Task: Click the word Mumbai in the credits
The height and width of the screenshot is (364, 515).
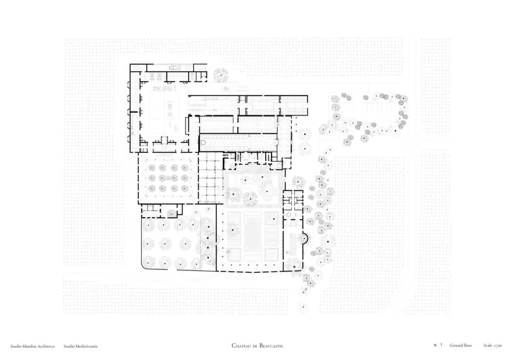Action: click(30, 346)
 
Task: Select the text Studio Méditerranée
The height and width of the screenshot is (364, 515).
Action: click(80, 346)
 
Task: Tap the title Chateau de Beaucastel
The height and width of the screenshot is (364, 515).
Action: click(257, 345)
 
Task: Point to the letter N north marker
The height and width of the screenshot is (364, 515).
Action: click(435, 345)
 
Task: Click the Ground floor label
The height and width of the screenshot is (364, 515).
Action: click(461, 345)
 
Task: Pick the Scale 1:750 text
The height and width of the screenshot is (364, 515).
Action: click(493, 345)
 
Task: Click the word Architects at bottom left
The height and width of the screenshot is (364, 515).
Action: click(46, 346)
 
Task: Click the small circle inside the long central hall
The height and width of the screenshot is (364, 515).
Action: click(203, 143)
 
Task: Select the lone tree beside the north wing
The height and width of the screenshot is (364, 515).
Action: click(221, 75)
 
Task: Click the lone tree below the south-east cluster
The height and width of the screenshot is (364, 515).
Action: click(303, 308)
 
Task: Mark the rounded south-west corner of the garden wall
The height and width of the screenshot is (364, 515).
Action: click(143, 265)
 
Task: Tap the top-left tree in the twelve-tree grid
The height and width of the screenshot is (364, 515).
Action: click(152, 168)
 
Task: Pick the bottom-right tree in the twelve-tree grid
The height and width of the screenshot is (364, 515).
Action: click(184, 189)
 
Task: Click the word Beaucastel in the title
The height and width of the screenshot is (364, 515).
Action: click(271, 345)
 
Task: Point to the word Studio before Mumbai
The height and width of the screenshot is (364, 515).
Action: click(16, 346)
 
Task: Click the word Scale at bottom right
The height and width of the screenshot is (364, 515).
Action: click(488, 345)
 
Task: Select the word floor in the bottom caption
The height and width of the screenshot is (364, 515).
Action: click(467, 345)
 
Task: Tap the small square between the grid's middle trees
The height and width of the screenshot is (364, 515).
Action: click(168, 178)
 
